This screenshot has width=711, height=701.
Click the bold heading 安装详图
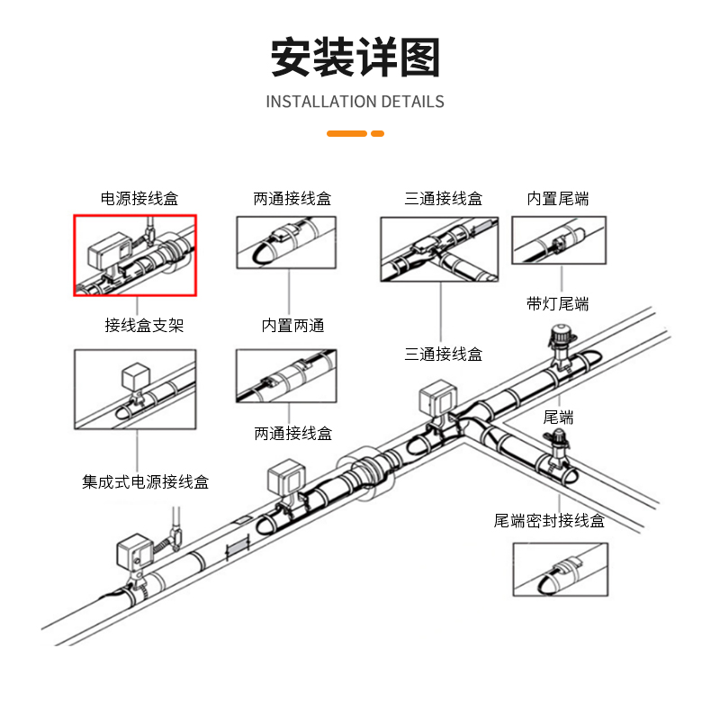click(355, 58)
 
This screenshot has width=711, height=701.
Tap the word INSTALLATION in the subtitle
click(321, 102)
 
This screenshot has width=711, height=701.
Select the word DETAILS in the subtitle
click(412, 102)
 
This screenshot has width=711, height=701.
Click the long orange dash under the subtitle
click(346, 134)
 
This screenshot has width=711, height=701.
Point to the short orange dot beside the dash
click(378, 134)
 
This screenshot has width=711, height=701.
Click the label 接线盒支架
click(144, 325)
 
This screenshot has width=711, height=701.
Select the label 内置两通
click(292, 325)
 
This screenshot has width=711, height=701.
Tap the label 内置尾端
click(558, 199)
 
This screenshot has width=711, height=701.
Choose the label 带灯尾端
click(558, 303)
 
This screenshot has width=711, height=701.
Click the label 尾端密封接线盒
click(549, 520)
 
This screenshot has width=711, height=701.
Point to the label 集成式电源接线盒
click(146, 482)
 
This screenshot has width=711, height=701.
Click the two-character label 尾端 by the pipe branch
click(558, 418)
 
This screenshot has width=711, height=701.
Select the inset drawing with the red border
click(135, 255)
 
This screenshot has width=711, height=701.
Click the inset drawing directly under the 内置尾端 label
click(558, 240)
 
